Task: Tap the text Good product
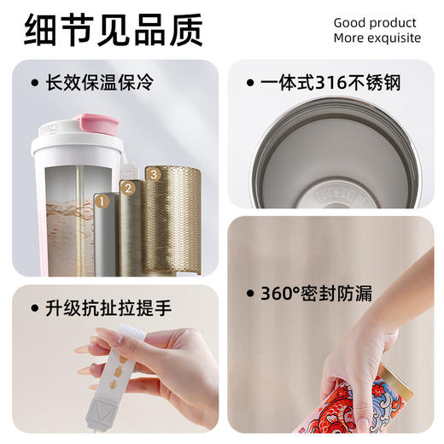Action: (375, 23)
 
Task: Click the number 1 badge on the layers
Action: (101, 202)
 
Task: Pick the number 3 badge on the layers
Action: (154, 174)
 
